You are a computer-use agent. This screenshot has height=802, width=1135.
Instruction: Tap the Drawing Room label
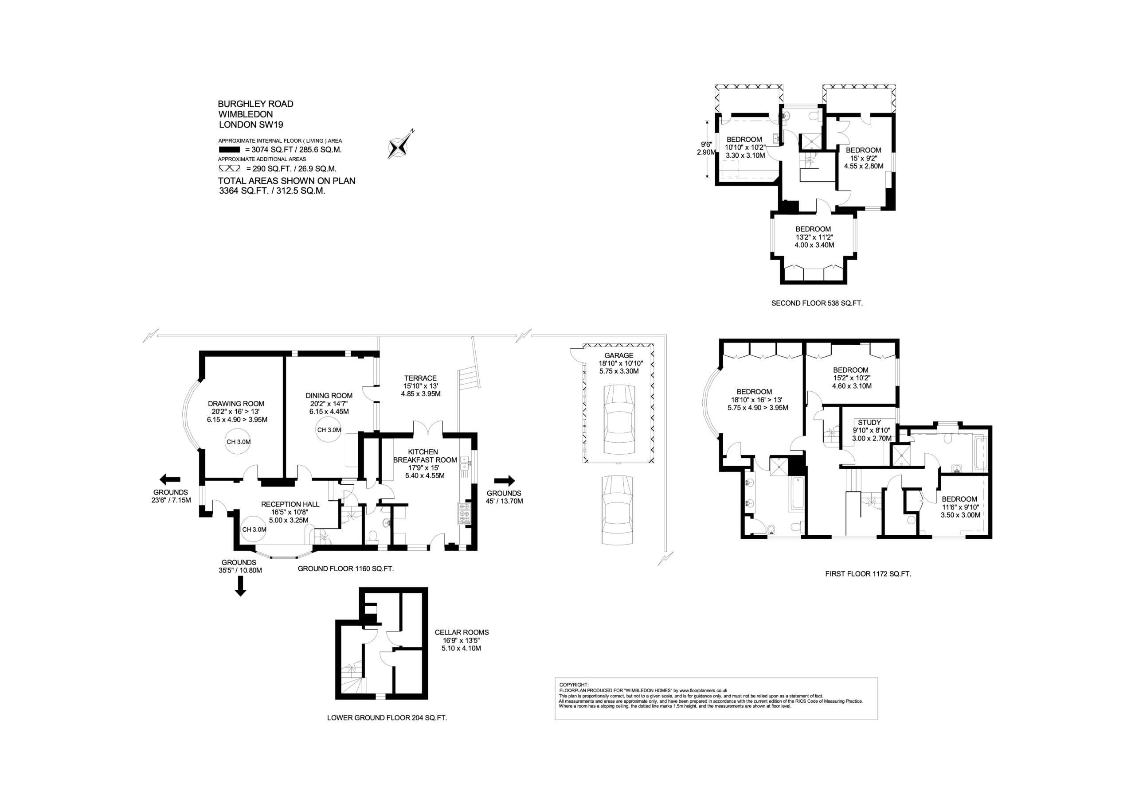tap(236, 404)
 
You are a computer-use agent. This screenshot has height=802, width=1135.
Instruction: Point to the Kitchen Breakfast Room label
tap(425, 456)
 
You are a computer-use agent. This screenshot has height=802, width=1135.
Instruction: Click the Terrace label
tap(420, 378)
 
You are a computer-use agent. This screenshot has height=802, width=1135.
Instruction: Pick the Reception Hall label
tap(290, 504)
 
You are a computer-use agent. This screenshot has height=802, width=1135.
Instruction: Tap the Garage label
tap(618, 355)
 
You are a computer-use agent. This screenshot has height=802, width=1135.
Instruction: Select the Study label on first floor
tap(869, 423)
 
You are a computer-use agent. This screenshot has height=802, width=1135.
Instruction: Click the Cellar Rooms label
tap(461, 632)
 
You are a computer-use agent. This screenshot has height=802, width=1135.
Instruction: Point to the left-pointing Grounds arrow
tap(169, 479)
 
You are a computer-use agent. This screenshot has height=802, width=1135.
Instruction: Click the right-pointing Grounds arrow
tap(504, 480)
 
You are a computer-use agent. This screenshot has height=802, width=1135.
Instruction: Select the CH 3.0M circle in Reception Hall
tap(254, 529)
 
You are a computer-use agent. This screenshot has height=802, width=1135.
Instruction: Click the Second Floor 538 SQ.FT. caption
tap(817, 303)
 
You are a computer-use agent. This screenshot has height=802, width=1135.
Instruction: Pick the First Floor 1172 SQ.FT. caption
tap(868, 574)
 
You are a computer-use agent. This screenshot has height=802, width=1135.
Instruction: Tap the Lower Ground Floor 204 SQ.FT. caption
tap(387, 717)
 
